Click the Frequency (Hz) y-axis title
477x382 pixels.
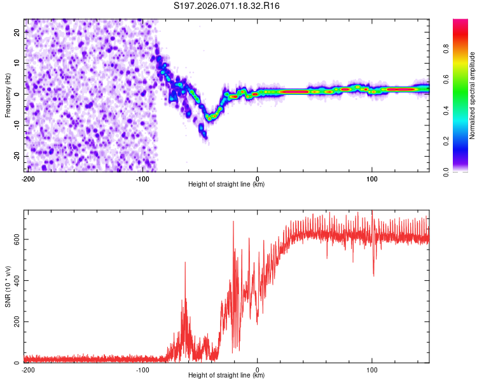click(x=8, y=95)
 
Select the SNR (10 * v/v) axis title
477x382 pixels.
click(x=8, y=286)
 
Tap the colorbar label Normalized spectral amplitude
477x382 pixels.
click(x=472, y=95)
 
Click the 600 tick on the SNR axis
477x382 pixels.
click(x=17, y=239)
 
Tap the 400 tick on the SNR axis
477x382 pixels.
click(x=17, y=281)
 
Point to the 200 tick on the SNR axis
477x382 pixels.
click(x=17, y=322)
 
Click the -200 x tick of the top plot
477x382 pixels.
click(x=28, y=178)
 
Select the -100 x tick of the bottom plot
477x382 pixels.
click(x=142, y=369)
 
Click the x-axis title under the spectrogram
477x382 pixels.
click(x=226, y=185)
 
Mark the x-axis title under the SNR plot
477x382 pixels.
click(x=226, y=376)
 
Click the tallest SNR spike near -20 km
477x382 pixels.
click(x=233, y=222)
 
